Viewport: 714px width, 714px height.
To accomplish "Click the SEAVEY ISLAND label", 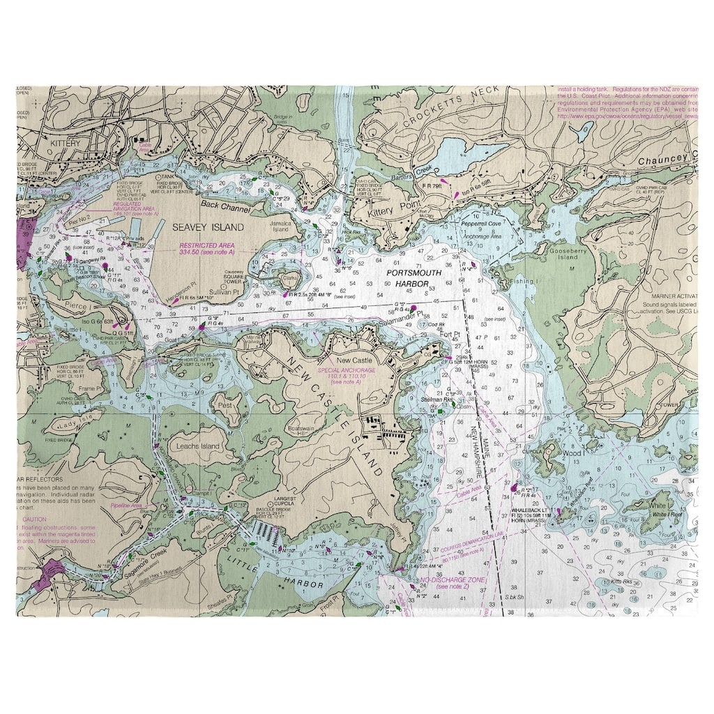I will point(199,227).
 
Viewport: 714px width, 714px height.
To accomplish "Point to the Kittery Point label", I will point(393,208).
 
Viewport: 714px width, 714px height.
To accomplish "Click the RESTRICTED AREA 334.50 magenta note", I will point(206,250).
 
